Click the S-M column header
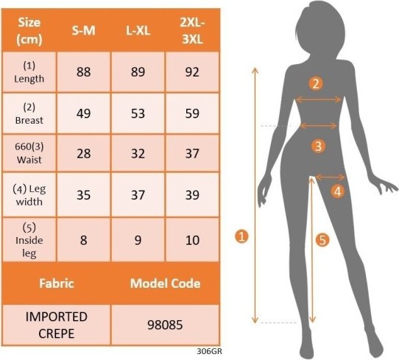83,31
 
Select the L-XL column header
138,31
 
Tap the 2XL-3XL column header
192,31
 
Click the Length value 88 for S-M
83,72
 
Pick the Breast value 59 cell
192,113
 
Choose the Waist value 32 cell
138,153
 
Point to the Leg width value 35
83,195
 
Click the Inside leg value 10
192,240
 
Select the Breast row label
29,113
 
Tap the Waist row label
29,153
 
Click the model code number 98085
165,325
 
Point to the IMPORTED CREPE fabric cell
56,325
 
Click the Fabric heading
57,283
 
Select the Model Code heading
165,283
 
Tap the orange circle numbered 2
316,83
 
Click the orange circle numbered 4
337,191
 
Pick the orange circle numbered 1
241,236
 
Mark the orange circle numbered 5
322,240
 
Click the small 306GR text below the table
209,351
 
